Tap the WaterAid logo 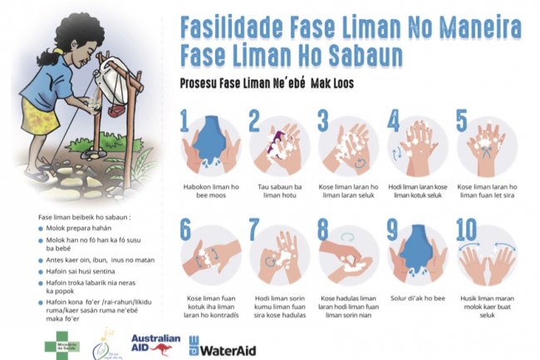coord(222,345)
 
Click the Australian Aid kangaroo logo coord(155,343)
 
